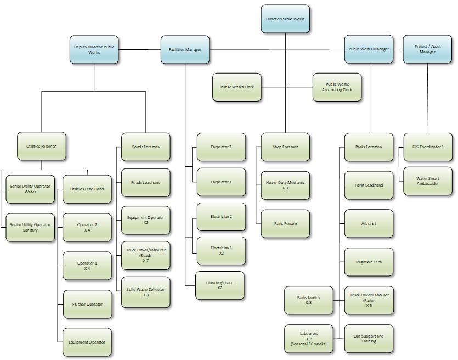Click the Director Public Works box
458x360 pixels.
click(x=285, y=19)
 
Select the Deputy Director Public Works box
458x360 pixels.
click(x=94, y=49)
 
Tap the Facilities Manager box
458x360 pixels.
click(x=185, y=50)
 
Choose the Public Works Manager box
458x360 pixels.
click(x=369, y=49)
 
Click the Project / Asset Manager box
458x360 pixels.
click(x=427, y=49)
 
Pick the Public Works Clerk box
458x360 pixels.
click(x=237, y=87)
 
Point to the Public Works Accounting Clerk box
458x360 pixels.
click(x=337, y=87)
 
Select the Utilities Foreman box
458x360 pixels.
click(x=42, y=147)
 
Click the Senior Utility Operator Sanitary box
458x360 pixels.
click(x=30, y=228)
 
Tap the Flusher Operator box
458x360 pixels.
click(x=87, y=304)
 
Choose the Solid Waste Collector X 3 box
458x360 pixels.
click(x=145, y=292)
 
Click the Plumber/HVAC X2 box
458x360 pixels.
click(x=219, y=285)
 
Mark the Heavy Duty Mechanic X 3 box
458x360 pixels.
click(x=285, y=185)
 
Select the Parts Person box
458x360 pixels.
click(x=285, y=223)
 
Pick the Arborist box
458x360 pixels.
click(x=369, y=223)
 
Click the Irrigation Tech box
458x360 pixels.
click(x=369, y=262)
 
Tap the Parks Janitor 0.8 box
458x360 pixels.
click(x=308, y=300)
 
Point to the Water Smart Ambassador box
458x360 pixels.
click(x=427, y=181)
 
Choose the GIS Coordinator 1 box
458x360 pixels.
click(x=427, y=147)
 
